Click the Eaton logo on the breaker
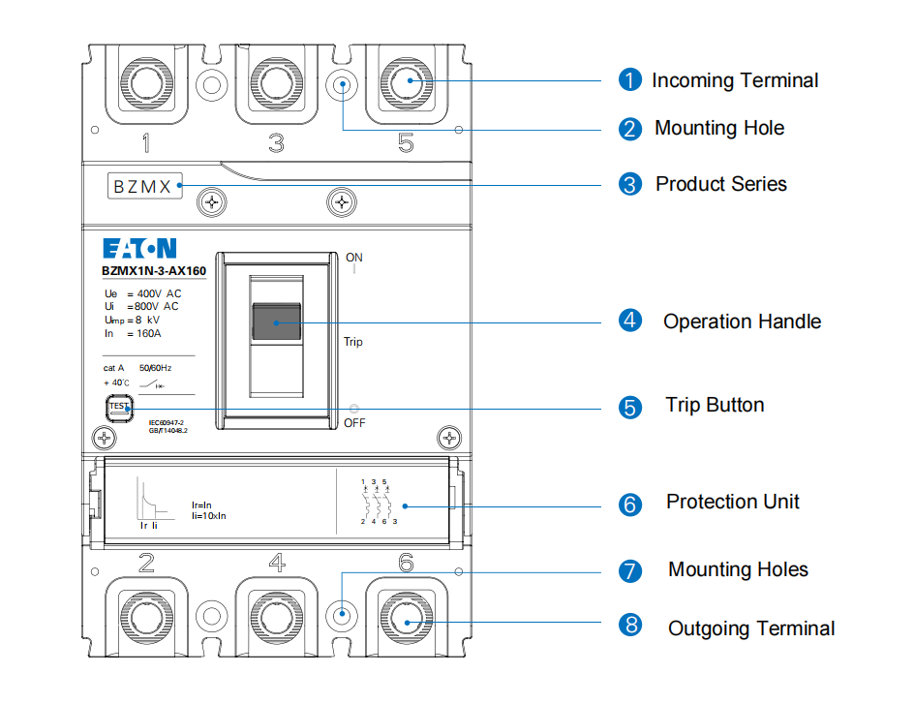coord(139,248)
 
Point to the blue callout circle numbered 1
coord(630,80)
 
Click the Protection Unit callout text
coord(733,502)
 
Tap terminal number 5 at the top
coord(406,144)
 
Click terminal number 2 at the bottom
coord(146,563)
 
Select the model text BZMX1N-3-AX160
coord(153,272)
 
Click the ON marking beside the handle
coord(354,258)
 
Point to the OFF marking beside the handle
coord(354,423)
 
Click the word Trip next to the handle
coord(353,342)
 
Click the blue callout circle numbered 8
coord(630,626)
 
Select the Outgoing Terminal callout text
coord(751,628)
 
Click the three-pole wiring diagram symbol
coord(374,502)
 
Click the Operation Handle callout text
coord(742,321)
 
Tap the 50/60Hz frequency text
coord(155,369)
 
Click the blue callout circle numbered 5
coord(630,407)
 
